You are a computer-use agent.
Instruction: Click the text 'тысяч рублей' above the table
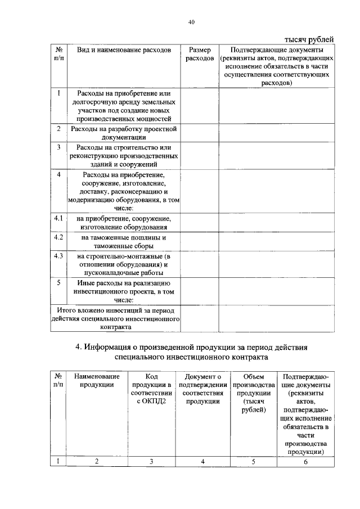coord(308,39)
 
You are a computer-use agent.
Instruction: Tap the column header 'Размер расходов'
coord(199,54)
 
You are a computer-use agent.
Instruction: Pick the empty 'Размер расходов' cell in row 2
coord(199,133)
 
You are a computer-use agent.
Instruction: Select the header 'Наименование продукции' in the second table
coord(97,380)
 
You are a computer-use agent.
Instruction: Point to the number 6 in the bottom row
coord(305,462)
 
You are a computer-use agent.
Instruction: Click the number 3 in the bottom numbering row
coord(151,462)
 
